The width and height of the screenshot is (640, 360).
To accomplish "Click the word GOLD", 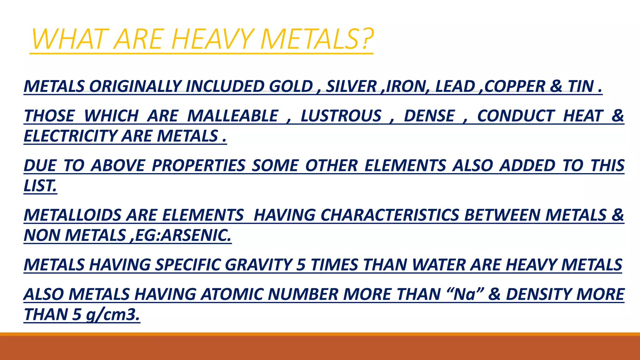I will [x=291, y=87].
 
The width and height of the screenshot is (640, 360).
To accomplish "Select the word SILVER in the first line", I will [x=351, y=87].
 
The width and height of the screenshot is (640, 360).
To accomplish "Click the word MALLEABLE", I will [x=232, y=116].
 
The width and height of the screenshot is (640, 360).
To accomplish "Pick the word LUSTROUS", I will [x=341, y=116].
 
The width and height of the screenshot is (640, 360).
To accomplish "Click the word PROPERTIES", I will [x=198, y=166].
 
